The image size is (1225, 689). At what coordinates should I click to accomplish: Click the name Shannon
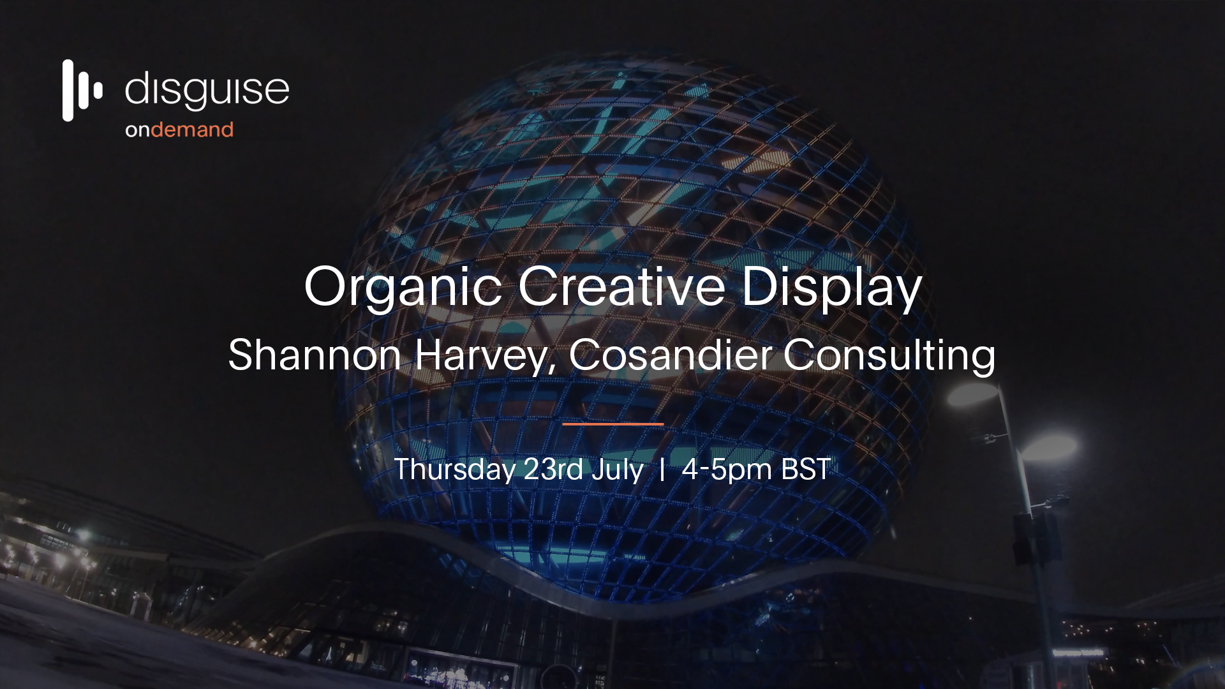pyautogui.click(x=315, y=355)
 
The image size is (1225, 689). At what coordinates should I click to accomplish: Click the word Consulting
pyautogui.click(x=889, y=356)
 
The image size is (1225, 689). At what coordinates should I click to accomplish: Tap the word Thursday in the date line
pyautogui.click(x=455, y=470)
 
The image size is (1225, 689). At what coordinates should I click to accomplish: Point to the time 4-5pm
pyautogui.click(x=727, y=470)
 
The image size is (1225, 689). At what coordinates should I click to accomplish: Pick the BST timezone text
pyautogui.click(x=806, y=470)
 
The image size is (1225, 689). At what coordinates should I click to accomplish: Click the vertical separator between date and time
pyautogui.click(x=662, y=470)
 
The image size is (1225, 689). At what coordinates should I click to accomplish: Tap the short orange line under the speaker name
pyautogui.click(x=612, y=424)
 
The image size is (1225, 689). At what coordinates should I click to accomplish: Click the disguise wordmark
pyautogui.click(x=207, y=90)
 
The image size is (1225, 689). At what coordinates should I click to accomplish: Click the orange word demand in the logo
pyautogui.click(x=193, y=130)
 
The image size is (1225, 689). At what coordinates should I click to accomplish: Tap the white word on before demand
pyautogui.click(x=138, y=131)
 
